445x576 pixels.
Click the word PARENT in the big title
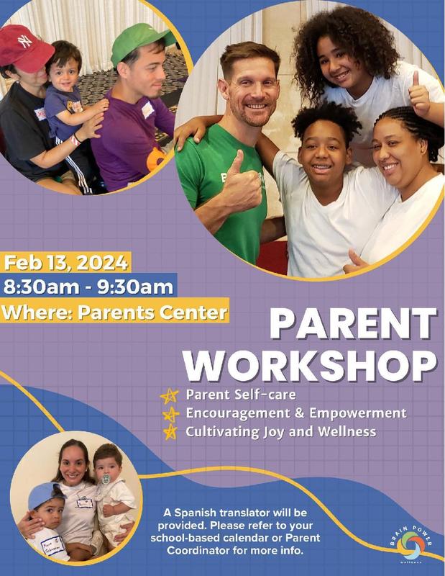point(352,325)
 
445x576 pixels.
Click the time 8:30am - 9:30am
point(88,287)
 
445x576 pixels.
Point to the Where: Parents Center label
point(115,312)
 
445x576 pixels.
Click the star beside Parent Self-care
point(170,396)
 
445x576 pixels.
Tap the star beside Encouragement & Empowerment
point(170,414)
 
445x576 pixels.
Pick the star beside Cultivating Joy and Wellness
point(170,432)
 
